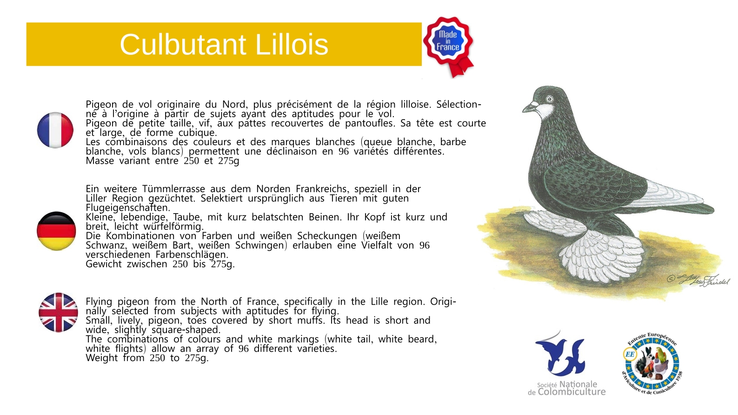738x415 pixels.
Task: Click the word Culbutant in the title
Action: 183,45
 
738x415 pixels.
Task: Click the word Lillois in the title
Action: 292,45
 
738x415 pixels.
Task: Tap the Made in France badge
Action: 449,46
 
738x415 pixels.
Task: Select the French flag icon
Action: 55,130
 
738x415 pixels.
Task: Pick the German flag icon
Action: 56,231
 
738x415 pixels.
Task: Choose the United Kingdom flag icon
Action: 58,312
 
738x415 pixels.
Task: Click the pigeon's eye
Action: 549,99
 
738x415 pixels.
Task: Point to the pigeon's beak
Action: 530,108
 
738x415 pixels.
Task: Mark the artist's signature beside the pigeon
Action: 698,281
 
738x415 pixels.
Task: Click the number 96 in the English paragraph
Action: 244,348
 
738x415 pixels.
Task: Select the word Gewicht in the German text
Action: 103,264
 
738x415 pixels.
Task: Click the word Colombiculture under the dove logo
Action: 572,392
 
